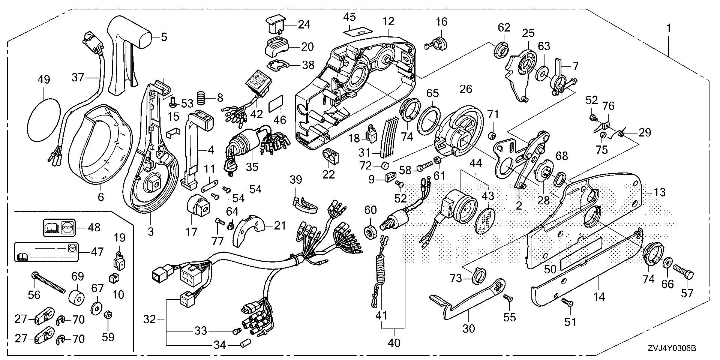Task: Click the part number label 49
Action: (43, 80)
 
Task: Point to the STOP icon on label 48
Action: (67, 227)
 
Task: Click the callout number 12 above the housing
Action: (388, 21)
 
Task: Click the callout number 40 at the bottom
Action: (394, 343)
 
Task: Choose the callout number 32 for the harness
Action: (150, 319)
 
